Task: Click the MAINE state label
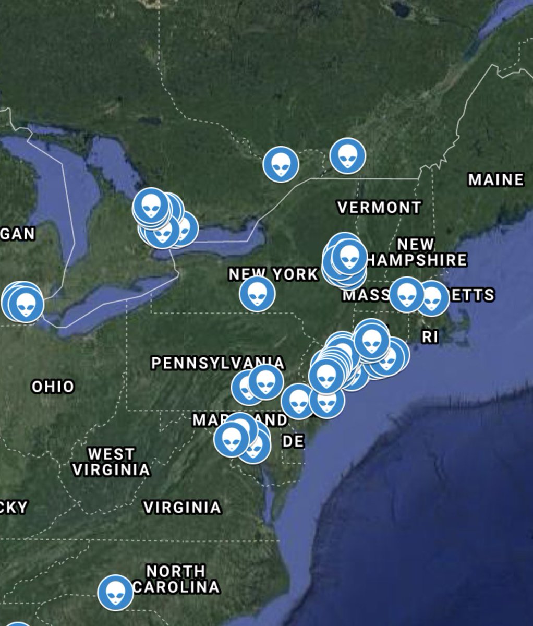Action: click(x=495, y=180)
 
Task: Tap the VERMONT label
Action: click(x=379, y=208)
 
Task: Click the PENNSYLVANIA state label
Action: click(x=218, y=363)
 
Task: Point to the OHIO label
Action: click(x=53, y=387)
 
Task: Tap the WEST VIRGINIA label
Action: click(x=111, y=462)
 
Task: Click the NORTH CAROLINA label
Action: click(x=176, y=579)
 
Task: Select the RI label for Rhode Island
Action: click(x=430, y=337)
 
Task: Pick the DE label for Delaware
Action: click(x=293, y=442)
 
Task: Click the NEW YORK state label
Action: click(x=273, y=274)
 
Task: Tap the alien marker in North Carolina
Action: click(x=115, y=592)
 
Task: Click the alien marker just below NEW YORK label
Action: click(x=257, y=294)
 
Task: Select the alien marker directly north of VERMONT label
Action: click(x=348, y=155)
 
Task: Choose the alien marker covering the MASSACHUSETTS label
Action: click(x=407, y=295)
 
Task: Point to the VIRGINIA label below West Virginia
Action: click(x=182, y=507)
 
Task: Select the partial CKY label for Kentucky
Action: click(x=13, y=507)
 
